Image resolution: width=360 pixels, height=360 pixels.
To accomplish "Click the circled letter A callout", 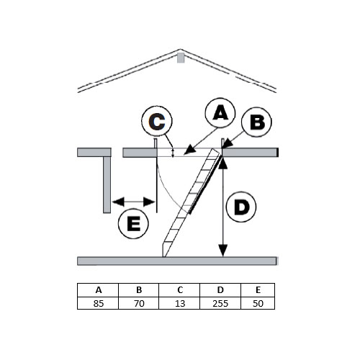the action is (x=220, y=113).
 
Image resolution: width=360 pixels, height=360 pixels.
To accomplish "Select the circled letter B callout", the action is (x=256, y=122).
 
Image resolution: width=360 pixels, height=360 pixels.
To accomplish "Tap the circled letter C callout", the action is (x=157, y=121).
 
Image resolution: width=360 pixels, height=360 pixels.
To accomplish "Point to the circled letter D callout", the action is (x=241, y=207).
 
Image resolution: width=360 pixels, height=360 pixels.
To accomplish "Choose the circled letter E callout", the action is (x=133, y=223).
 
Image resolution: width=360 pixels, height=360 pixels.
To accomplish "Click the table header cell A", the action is (x=98, y=290).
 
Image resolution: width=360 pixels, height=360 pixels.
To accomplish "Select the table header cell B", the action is (x=139, y=290).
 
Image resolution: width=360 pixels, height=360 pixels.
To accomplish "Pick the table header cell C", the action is (x=179, y=290).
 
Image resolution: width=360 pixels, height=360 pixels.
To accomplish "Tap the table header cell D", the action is (x=220, y=290).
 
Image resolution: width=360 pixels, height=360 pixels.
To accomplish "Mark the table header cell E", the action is (x=258, y=290).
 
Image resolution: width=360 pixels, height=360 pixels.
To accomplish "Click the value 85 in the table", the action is (x=99, y=304).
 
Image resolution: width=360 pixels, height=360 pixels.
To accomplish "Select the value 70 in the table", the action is (x=139, y=304).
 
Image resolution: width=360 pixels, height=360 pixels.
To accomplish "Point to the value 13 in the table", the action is (x=180, y=304).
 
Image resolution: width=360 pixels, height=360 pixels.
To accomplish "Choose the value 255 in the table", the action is (x=220, y=304).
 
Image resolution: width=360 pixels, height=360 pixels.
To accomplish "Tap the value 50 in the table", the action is (x=258, y=304).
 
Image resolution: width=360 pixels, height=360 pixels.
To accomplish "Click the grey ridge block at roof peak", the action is (x=181, y=58).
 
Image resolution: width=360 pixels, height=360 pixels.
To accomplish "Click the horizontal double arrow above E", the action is (x=133, y=202).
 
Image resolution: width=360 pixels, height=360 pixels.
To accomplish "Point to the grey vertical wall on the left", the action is (x=107, y=184).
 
